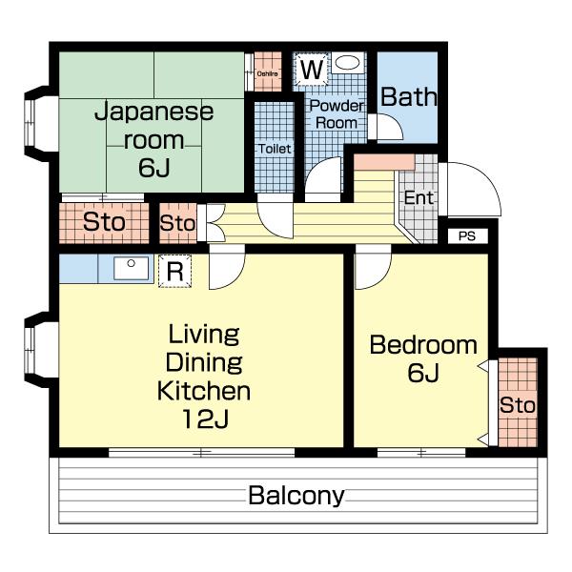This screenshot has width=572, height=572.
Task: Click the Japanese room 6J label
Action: pyautogui.click(x=153, y=138)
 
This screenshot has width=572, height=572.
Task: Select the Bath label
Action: pyautogui.click(x=409, y=96)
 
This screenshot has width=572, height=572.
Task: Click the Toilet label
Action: pyautogui.click(x=275, y=149)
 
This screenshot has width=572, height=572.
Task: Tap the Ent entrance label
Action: pyautogui.click(x=419, y=198)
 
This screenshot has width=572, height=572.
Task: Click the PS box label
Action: pyautogui.click(x=466, y=235)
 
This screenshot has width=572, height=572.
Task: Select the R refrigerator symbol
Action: pyautogui.click(x=174, y=271)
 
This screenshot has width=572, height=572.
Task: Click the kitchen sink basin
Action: pyautogui.click(x=131, y=268)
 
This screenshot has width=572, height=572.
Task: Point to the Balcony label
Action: pyautogui.click(x=296, y=496)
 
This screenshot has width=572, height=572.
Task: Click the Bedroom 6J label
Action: pyautogui.click(x=422, y=357)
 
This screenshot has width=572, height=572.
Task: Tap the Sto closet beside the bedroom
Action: pyautogui.click(x=518, y=405)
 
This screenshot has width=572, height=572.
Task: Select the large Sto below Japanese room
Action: pyautogui.click(x=104, y=223)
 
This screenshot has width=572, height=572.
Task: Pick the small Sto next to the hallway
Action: pyautogui.click(x=177, y=223)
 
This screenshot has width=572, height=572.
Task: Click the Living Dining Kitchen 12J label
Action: pyautogui.click(x=203, y=376)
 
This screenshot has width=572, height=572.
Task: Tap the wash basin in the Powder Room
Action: pyautogui.click(x=348, y=64)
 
